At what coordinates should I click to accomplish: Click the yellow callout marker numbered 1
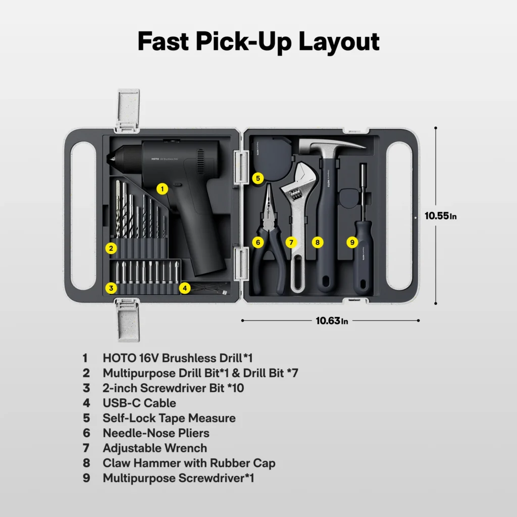[162, 189]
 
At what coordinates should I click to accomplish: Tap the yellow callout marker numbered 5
[257, 178]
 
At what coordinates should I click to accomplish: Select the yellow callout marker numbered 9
[352, 242]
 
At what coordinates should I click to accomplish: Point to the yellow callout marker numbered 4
[185, 288]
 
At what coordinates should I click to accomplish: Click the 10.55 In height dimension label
[440, 216]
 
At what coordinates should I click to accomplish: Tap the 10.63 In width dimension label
[332, 321]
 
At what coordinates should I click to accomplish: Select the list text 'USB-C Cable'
[139, 403]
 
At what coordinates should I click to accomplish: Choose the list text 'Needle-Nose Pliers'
[156, 433]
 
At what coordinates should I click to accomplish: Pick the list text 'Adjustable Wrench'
[154, 448]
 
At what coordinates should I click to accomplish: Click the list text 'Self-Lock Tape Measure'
[169, 418]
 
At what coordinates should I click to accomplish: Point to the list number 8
[86, 463]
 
